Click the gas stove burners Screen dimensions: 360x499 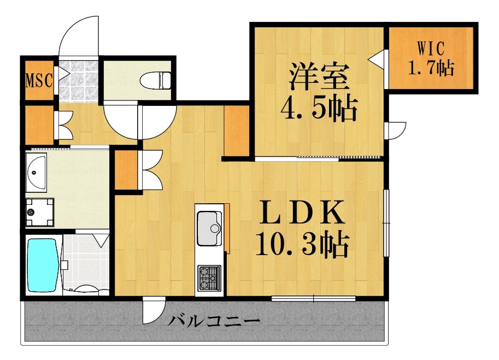click(209, 277)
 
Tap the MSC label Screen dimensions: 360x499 click(39, 80)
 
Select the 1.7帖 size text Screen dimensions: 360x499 click(430, 68)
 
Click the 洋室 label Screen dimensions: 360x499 click(318, 77)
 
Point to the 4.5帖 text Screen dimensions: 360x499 click(318, 109)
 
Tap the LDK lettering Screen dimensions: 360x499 click(302, 213)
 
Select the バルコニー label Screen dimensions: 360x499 click(213, 320)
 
